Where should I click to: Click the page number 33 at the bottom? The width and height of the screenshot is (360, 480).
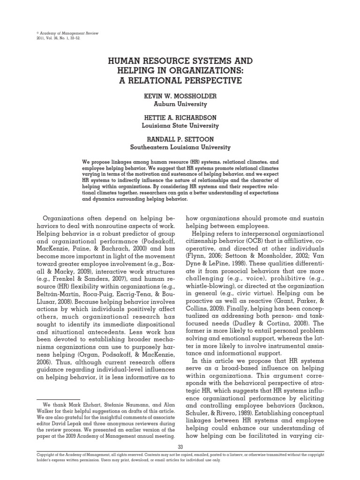[x=180, y=447]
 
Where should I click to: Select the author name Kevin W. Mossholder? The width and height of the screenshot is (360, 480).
[x=180, y=96]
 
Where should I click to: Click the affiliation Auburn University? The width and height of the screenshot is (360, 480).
[x=180, y=104]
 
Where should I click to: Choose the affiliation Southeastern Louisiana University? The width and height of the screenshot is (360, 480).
[x=180, y=148]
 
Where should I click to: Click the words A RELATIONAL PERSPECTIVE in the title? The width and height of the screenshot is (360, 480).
[x=180, y=80]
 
